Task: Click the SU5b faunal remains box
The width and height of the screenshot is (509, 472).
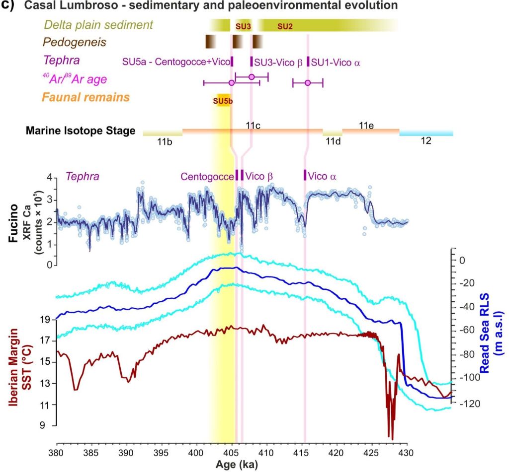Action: click(222, 100)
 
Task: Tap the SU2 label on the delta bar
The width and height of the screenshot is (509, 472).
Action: click(284, 26)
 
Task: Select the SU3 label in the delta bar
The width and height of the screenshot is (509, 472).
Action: click(243, 26)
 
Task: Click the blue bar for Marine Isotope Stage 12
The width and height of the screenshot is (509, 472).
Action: click(426, 133)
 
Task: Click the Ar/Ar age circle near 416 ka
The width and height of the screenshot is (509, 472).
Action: click(308, 82)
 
